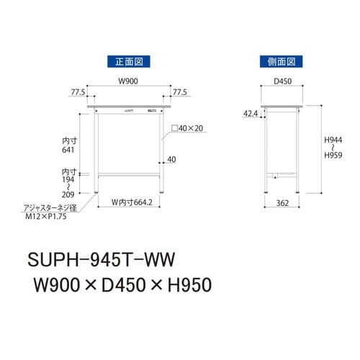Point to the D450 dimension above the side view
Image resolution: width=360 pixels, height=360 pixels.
coord(282,81)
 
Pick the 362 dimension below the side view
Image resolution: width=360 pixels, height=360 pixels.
coord(283,204)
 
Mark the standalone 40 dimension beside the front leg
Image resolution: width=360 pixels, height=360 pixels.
coord(171,159)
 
